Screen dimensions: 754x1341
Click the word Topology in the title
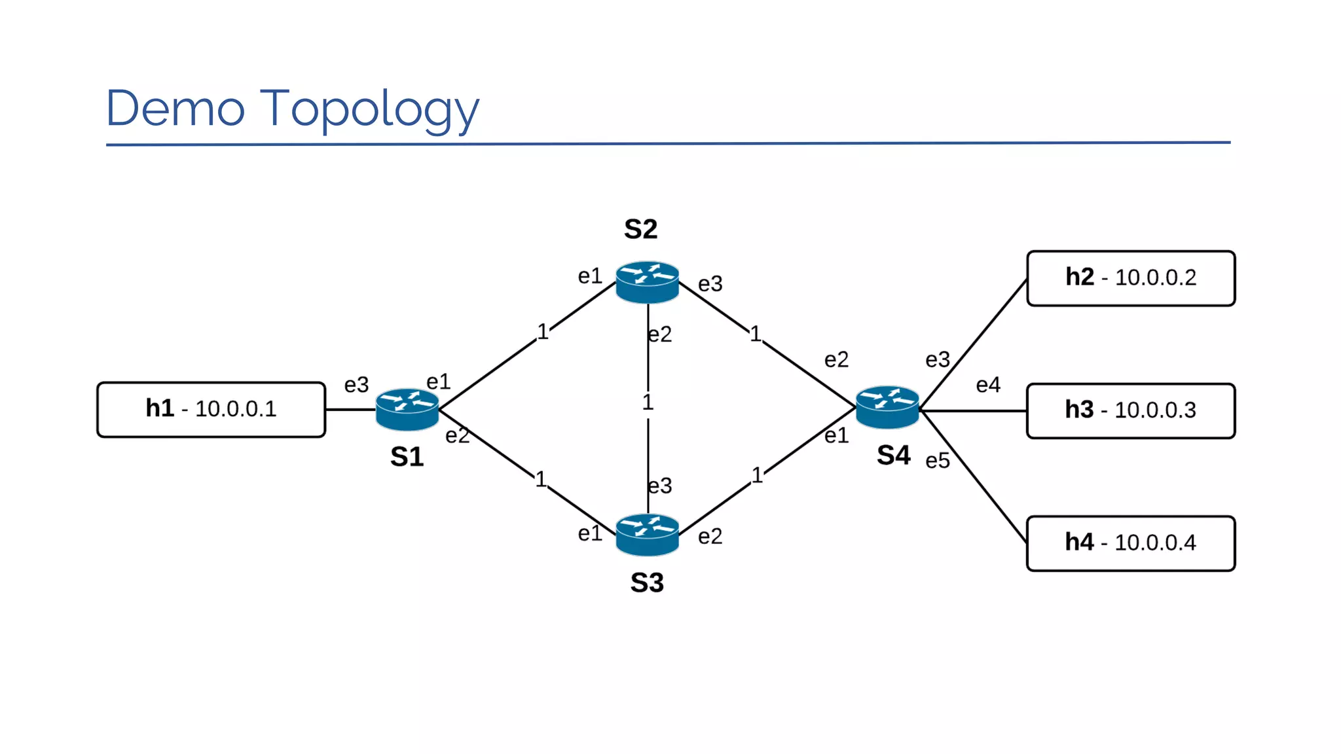tap(370, 109)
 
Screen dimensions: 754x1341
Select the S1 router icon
tap(407, 410)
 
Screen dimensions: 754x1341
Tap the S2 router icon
tap(647, 282)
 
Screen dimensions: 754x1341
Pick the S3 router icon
tap(647, 535)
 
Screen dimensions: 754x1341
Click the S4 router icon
tap(887, 407)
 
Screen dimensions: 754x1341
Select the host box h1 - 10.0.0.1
tap(211, 410)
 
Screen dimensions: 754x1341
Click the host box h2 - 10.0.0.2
tap(1130, 278)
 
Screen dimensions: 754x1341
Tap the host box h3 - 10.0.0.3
tap(1130, 410)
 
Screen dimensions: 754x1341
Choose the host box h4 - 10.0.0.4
tap(1130, 543)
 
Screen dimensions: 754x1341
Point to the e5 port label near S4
tap(937, 461)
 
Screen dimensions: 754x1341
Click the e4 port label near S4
tap(987, 386)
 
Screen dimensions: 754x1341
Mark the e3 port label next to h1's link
tap(356, 385)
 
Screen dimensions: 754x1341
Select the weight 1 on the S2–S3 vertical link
tap(648, 403)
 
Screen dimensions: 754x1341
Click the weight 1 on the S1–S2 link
tap(543, 332)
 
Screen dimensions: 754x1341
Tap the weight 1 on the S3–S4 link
tap(757, 475)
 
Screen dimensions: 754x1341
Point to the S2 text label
tap(640, 230)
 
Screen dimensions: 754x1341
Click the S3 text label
tap(647, 583)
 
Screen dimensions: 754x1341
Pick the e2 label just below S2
tap(660, 335)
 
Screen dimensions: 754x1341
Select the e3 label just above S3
tap(660, 486)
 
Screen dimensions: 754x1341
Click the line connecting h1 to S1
tap(350, 410)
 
